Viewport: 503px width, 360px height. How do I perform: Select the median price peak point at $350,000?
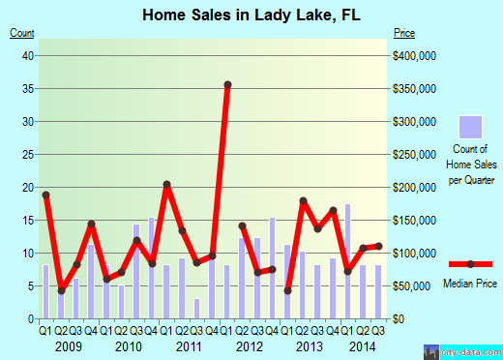click(x=228, y=84)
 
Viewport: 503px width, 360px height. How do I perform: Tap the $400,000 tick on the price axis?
click(x=417, y=56)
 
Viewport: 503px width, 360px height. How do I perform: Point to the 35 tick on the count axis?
click(x=29, y=89)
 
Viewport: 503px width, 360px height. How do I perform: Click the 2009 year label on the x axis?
click(x=67, y=345)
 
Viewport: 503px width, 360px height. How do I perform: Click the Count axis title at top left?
click(x=22, y=34)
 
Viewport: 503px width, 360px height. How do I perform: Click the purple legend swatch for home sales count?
click(x=470, y=126)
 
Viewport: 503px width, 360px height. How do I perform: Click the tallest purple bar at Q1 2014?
click(x=347, y=260)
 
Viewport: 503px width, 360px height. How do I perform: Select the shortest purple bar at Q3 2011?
click(x=196, y=308)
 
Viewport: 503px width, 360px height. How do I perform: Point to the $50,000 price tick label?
click(x=414, y=285)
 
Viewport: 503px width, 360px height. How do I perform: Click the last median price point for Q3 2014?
click(x=378, y=246)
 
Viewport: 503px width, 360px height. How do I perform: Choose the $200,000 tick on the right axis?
click(x=417, y=188)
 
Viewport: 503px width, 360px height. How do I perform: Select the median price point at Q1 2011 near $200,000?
click(x=166, y=184)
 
